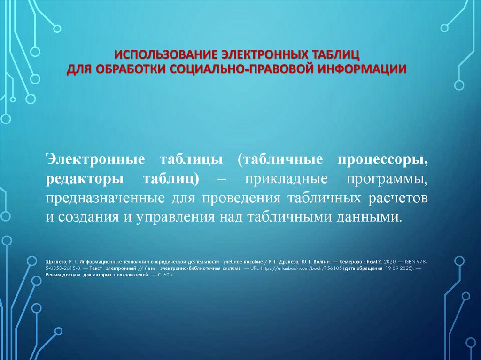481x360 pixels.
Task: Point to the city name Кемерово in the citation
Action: click(346, 260)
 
